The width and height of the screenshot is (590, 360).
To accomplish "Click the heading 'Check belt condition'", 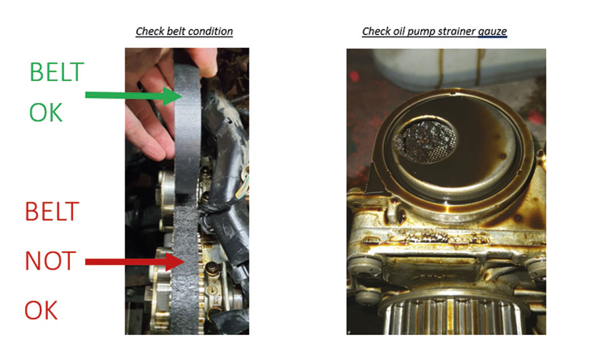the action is [x=184, y=31].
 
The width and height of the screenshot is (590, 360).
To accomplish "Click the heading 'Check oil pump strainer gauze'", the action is [x=434, y=31].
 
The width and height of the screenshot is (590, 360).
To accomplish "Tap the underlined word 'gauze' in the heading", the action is [x=492, y=32].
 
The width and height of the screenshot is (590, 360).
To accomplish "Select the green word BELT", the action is [x=56, y=72].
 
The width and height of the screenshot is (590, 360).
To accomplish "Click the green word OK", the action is [x=46, y=112].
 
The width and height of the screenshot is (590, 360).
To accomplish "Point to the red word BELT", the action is [x=52, y=211].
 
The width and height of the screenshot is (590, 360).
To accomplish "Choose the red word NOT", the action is [x=50, y=261].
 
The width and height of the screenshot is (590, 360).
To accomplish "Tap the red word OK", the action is [x=41, y=311].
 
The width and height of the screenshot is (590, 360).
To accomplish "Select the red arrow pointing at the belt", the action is [x=135, y=261].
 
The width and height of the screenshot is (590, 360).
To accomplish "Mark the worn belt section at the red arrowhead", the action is [x=185, y=263].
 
